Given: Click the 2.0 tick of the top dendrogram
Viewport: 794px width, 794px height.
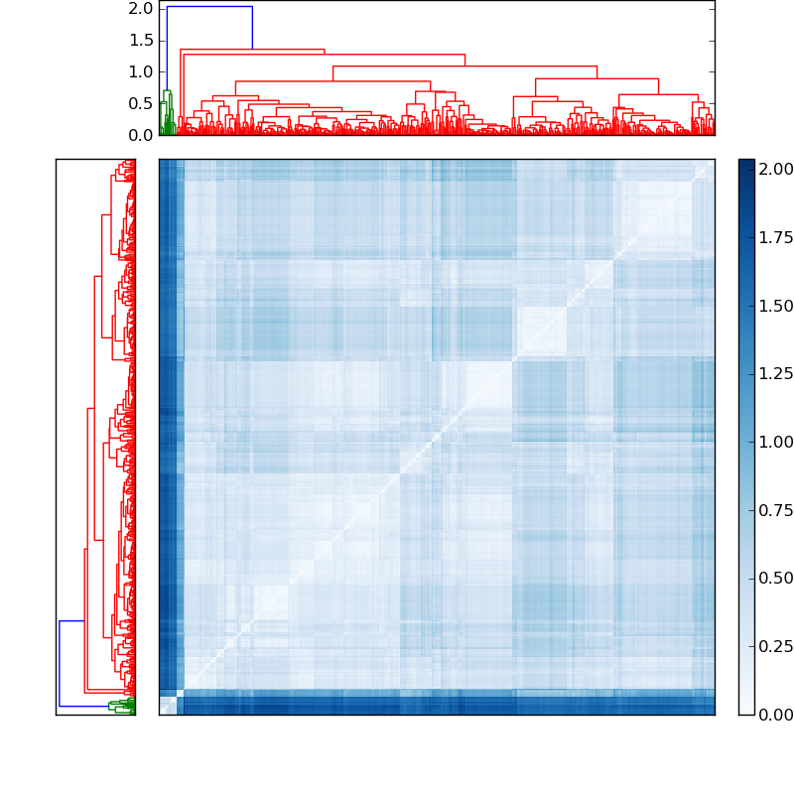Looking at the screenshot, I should [x=141, y=9].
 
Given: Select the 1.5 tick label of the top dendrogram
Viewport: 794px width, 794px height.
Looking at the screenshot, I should [x=141, y=41].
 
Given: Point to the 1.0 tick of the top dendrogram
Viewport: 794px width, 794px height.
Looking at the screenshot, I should [x=141, y=72].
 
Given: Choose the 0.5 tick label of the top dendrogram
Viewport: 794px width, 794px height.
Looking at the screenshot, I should [x=141, y=104].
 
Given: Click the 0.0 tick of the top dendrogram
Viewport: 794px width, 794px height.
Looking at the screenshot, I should [x=141, y=135].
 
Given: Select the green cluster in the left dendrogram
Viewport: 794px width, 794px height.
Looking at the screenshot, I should [x=122, y=706].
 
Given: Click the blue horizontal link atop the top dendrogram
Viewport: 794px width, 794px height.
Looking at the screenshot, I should [x=209, y=7].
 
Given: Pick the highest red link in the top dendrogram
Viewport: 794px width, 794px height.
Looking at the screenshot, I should [x=252, y=50].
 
